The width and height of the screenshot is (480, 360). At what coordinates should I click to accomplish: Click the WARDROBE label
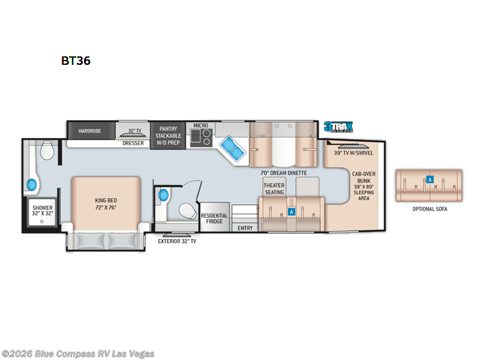click(x=86, y=130)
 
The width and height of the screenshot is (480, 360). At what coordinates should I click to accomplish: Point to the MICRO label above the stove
click(x=200, y=125)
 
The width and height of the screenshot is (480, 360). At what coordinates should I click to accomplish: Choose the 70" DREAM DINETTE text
click(x=283, y=173)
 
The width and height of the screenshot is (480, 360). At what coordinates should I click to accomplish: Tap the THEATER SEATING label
click(x=274, y=189)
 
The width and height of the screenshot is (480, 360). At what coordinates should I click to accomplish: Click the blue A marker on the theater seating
click(x=291, y=211)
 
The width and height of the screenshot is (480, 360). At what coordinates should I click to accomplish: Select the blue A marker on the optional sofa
click(x=429, y=178)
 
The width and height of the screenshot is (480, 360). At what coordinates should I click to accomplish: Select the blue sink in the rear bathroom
click(x=32, y=184)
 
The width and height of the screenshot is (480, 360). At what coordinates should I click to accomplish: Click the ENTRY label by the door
click(x=245, y=228)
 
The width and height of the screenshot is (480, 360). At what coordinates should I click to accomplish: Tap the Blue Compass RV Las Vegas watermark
click(x=78, y=353)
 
